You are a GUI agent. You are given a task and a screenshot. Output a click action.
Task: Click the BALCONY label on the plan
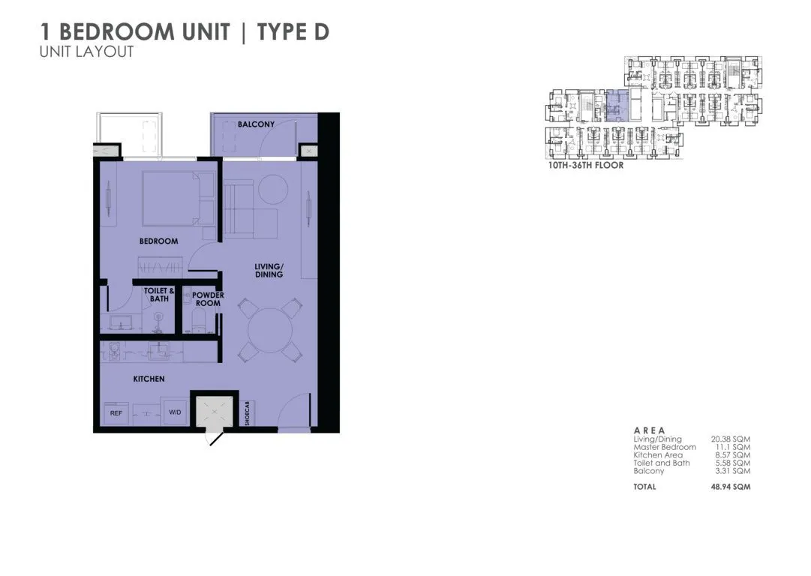click(256, 124)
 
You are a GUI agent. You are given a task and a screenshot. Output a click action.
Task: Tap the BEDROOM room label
click(158, 241)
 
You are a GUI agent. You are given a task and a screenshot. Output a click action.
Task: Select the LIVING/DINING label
click(268, 271)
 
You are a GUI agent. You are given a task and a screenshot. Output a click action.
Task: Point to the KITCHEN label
click(149, 379)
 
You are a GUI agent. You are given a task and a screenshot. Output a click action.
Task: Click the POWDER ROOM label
click(208, 299)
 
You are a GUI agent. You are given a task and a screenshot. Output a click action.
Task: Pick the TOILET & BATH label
click(159, 295)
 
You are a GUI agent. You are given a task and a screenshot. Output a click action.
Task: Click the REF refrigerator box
click(116, 413)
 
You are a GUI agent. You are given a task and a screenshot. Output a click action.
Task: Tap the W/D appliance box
click(174, 413)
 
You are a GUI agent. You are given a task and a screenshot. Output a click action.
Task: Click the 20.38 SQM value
click(731, 439)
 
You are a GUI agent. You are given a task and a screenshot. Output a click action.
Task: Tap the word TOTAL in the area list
click(644, 487)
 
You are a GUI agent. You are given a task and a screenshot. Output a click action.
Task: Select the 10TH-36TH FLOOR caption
click(586, 165)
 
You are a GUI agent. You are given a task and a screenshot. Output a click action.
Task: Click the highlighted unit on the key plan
click(614, 104)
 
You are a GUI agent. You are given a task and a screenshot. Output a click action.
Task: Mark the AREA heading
click(649, 430)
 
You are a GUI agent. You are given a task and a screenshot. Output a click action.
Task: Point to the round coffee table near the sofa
click(271, 188)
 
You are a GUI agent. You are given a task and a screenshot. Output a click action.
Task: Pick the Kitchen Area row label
click(658, 455)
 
